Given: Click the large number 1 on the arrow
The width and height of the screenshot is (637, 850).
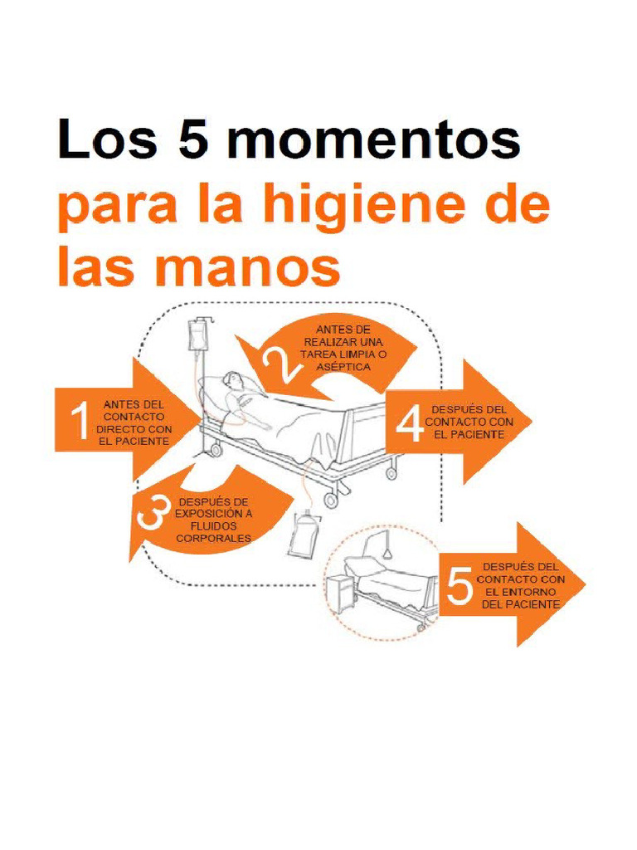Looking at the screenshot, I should click(80, 421).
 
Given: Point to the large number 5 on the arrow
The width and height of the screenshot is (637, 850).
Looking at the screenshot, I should click(460, 587).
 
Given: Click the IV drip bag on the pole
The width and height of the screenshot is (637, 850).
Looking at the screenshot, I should click(197, 336).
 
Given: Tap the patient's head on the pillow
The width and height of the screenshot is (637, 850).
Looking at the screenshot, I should click(234, 380).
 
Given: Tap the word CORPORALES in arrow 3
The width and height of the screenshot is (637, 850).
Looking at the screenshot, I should click(213, 538).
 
